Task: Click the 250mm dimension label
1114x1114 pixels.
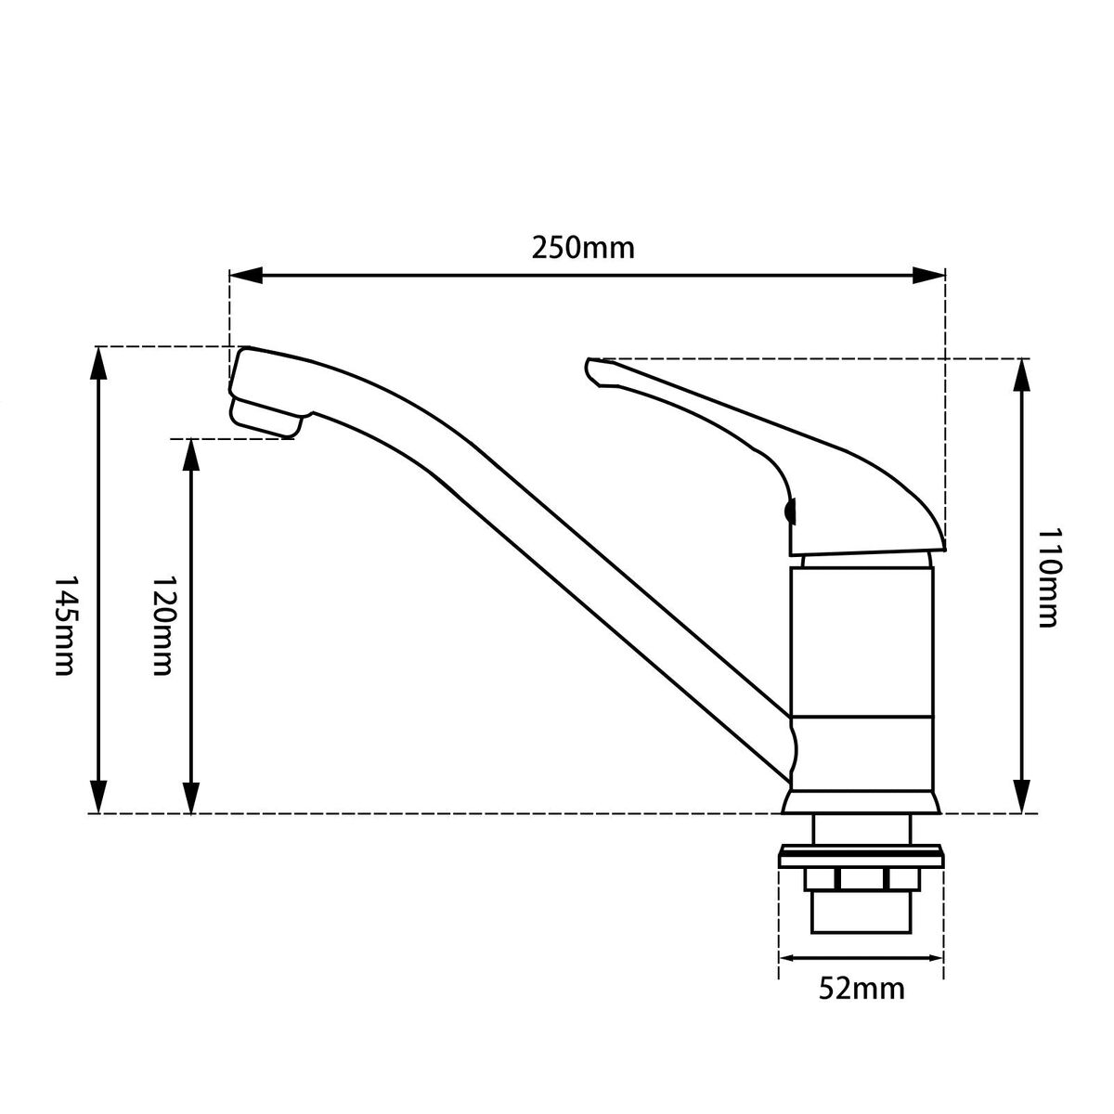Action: (583, 248)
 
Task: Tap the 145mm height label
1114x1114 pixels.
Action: (65, 625)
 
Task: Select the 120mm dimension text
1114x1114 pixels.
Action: (162, 625)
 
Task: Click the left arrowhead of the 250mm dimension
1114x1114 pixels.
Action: (247, 276)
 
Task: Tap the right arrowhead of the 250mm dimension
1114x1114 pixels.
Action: (928, 276)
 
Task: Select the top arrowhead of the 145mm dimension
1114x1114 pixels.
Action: (98, 363)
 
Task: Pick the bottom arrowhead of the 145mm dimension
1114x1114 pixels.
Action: (98, 797)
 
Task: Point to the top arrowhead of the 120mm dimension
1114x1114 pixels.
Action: (191, 456)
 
